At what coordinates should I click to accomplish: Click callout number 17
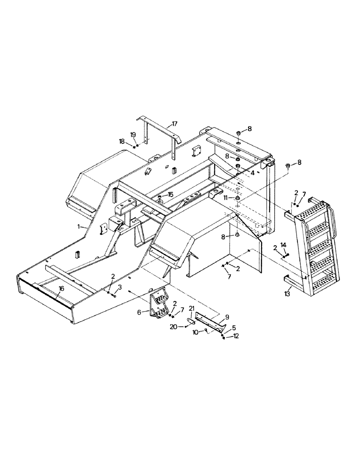click(x=175, y=123)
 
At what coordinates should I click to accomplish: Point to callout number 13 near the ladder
click(x=287, y=294)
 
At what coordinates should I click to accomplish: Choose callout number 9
click(x=228, y=316)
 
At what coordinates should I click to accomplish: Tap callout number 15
click(x=170, y=194)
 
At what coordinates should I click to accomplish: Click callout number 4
click(x=252, y=172)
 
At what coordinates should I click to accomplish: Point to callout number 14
click(x=284, y=246)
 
